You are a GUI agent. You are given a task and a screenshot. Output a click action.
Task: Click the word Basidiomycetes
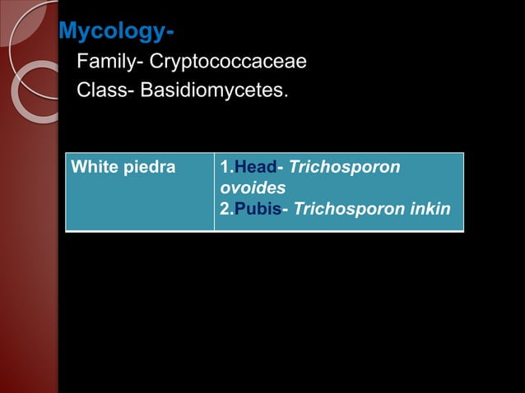tap(215, 90)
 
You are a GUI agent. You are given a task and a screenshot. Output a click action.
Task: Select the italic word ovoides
tap(253, 188)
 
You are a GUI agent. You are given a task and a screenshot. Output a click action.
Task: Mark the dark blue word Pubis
tap(258, 209)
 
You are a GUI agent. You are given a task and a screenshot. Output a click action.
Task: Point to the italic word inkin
tap(430, 209)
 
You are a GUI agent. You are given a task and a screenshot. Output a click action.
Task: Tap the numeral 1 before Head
tap(225, 168)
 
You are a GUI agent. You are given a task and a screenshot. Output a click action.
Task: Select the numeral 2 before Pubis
tap(225, 209)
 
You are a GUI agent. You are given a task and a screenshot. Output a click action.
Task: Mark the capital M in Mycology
tap(69, 33)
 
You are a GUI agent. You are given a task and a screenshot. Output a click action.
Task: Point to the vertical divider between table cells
tap(214, 191)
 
